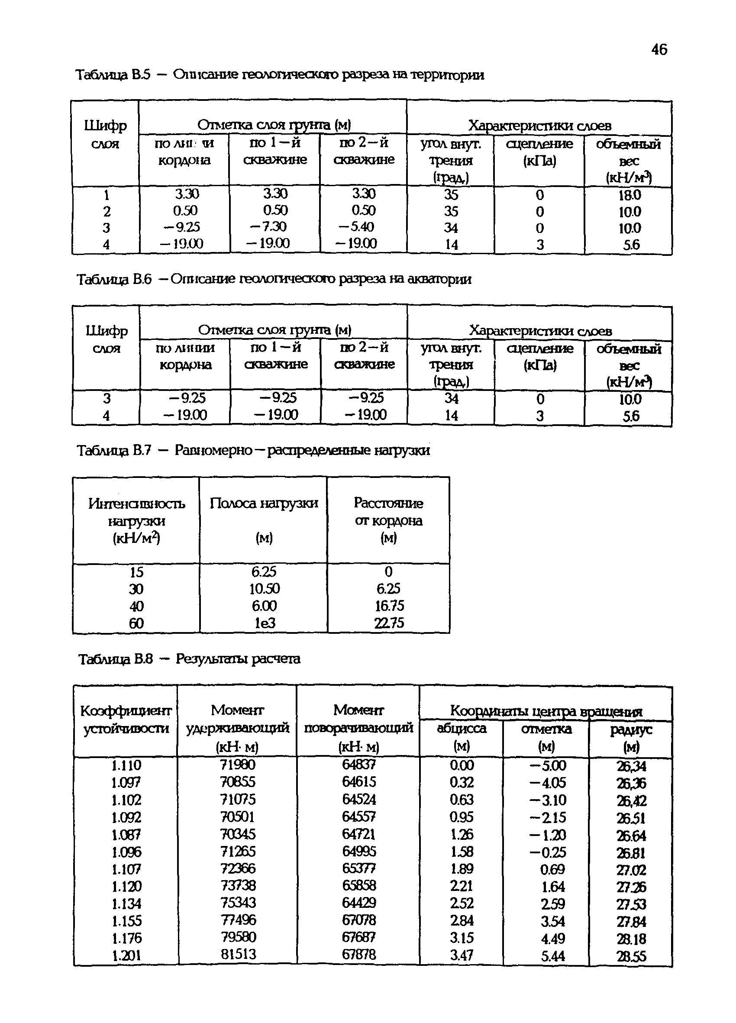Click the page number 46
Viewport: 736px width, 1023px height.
(659, 50)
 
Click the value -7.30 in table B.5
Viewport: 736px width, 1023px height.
(268, 226)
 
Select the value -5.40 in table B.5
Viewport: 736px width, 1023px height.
(356, 226)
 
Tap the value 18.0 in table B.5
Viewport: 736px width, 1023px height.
(629, 195)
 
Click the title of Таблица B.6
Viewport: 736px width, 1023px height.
(274, 279)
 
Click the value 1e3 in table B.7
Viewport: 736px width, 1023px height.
(264, 623)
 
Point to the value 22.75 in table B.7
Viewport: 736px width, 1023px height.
(389, 623)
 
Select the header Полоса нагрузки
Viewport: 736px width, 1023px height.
(264, 503)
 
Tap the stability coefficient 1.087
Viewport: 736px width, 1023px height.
(126, 834)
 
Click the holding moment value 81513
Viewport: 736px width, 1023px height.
(238, 954)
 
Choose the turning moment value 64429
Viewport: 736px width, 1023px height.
(359, 903)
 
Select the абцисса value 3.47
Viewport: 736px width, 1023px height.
(462, 955)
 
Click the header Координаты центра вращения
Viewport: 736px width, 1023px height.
(546, 711)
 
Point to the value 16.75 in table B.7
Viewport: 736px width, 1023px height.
(389, 606)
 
